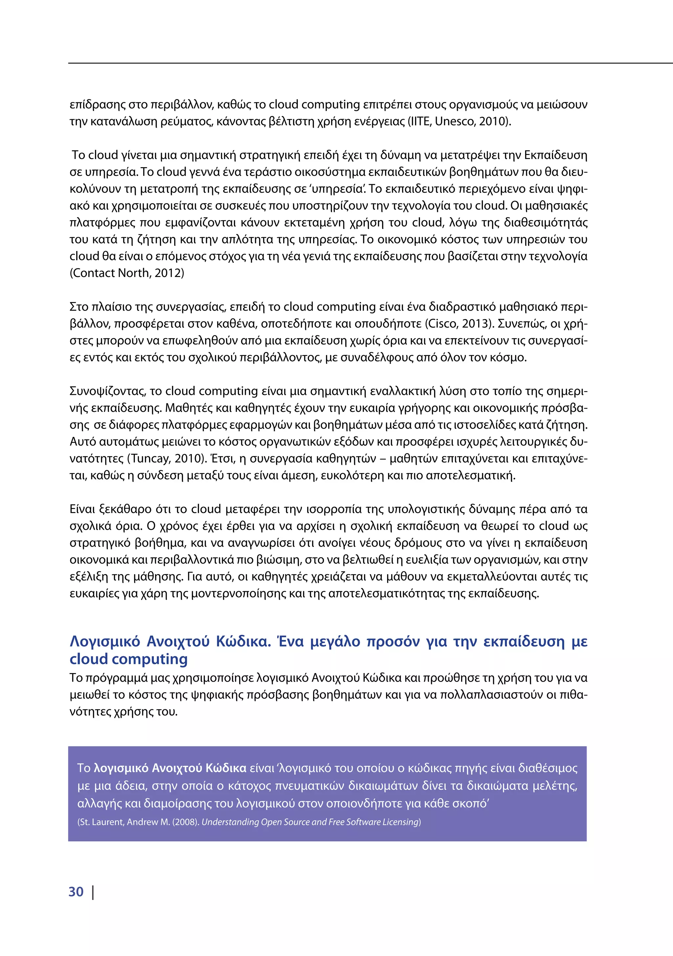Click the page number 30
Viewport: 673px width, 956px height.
(76, 892)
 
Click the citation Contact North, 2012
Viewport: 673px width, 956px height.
(127, 273)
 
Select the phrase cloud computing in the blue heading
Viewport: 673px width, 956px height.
(128, 660)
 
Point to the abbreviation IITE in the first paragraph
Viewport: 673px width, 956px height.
(420, 122)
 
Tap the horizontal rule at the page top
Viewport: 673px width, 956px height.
(370, 63)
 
